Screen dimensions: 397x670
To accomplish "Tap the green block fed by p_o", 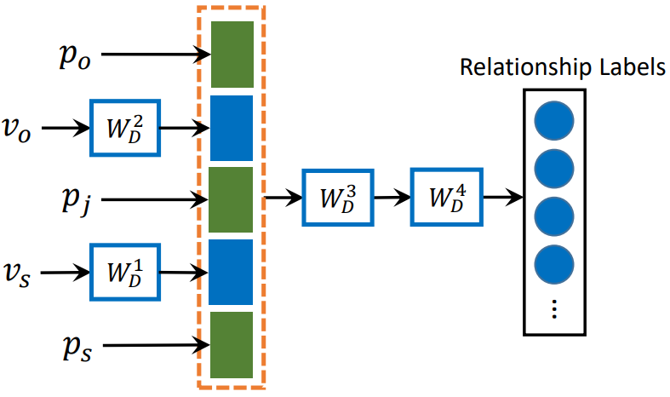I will [x=231, y=55].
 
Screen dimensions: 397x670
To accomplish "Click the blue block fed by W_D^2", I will [x=231, y=128].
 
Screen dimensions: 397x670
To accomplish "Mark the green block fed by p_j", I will [x=231, y=200].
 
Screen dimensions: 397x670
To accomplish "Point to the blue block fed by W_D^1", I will [x=231, y=273].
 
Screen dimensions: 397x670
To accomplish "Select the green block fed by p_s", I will [x=231, y=345].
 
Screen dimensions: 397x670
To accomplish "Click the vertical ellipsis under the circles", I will [x=554, y=309].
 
